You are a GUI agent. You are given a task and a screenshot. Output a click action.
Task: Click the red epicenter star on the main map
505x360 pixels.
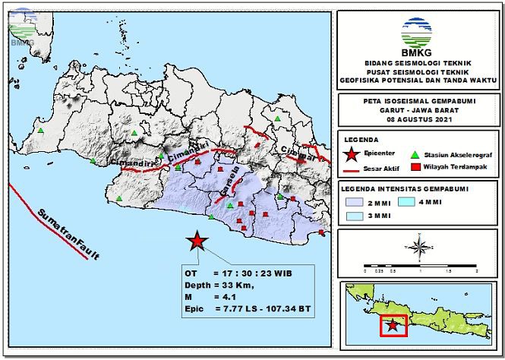click(x=197, y=242)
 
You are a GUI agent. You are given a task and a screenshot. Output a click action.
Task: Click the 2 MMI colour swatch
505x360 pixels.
click(x=355, y=202)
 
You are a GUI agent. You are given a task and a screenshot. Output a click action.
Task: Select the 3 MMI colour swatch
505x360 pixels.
click(x=355, y=216)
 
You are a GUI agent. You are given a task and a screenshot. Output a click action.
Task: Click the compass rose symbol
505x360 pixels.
click(x=418, y=247)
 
